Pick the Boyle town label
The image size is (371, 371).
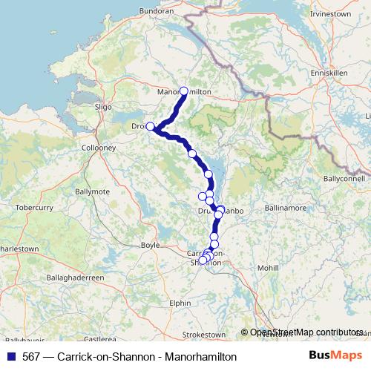150,244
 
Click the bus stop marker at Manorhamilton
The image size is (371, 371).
184,91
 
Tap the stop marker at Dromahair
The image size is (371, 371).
150,126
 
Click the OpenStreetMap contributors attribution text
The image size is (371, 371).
306,332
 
